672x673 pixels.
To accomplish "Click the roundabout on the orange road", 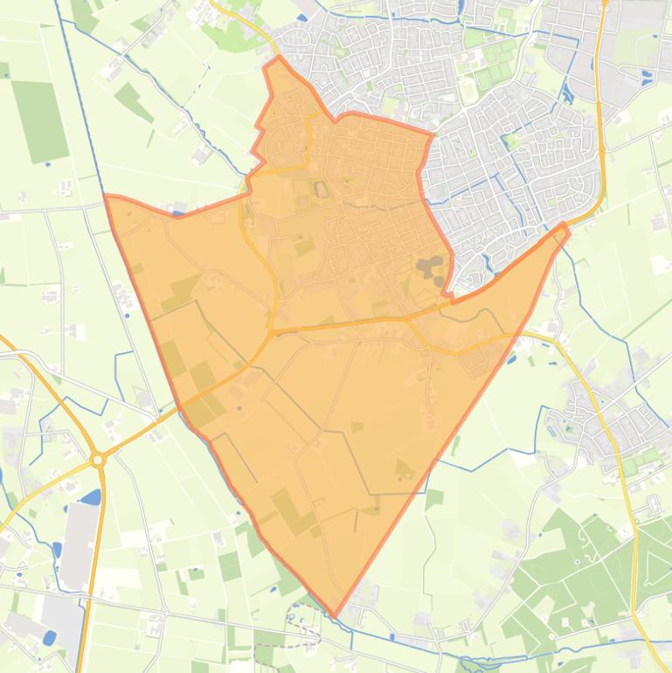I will [x=98, y=459].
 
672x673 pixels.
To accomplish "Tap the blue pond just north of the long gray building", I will [x=90, y=497].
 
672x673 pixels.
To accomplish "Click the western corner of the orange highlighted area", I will [x=106, y=197].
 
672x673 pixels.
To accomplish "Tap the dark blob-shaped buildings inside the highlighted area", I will [x=430, y=267].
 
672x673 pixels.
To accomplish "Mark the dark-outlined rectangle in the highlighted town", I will [x=321, y=189].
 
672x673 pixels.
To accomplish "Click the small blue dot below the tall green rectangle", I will [x=46, y=163].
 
